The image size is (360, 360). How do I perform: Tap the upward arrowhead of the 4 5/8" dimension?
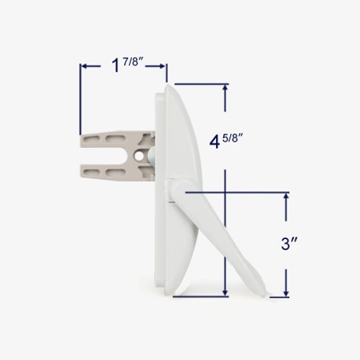[226, 89]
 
